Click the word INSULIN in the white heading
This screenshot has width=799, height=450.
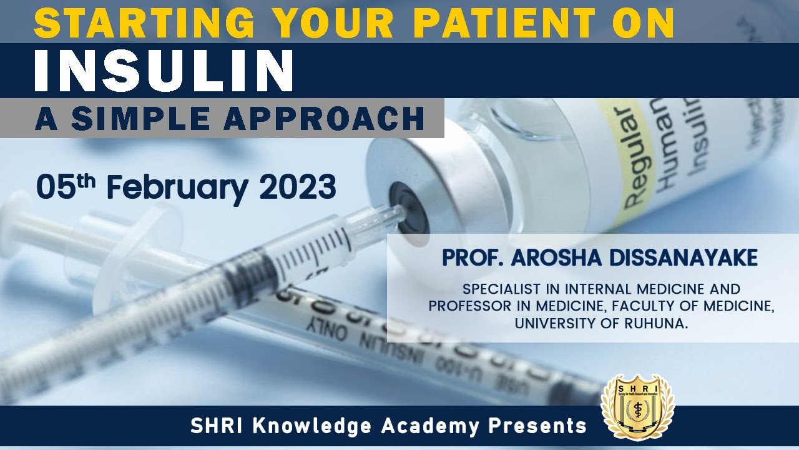164,70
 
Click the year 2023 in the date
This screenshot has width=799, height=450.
298,186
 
